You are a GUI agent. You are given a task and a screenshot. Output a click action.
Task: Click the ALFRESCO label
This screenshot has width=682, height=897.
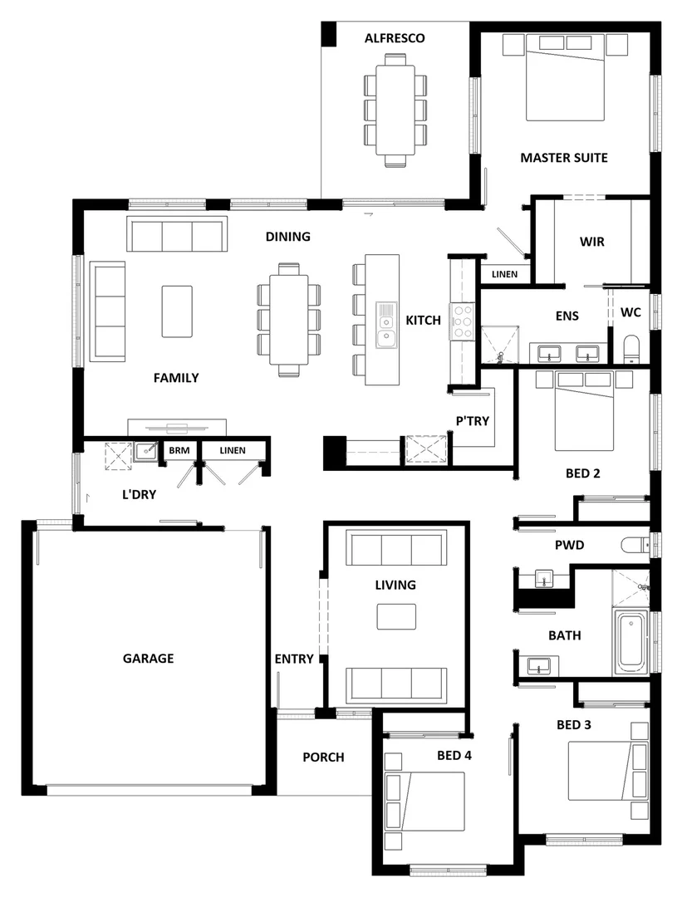tap(395, 38)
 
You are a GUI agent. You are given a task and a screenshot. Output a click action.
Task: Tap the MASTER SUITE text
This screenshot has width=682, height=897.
tap(563, 157)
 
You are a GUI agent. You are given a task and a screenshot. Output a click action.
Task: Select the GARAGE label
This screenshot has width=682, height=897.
tap(149, 659)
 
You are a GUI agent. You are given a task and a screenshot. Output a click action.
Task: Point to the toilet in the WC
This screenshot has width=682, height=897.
tap(631, 349)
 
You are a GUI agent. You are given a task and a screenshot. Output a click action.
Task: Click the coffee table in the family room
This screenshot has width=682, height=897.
tap(177, 311)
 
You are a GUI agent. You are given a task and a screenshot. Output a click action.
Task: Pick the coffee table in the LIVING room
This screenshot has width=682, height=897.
tap(395, 616)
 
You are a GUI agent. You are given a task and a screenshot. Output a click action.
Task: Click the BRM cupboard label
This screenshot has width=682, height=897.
tap(179, 450)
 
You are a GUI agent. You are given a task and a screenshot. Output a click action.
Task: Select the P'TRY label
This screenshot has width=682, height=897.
tap(472, 421)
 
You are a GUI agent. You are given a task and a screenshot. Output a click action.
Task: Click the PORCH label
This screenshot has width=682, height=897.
tap(323, 757)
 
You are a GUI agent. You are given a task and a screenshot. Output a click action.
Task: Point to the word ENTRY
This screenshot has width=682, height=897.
tap(294, 659)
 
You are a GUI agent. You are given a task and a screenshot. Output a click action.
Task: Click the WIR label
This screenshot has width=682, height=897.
tap(591, 243)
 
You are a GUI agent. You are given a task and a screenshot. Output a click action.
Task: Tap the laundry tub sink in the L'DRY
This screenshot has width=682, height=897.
tap(146, 451)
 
